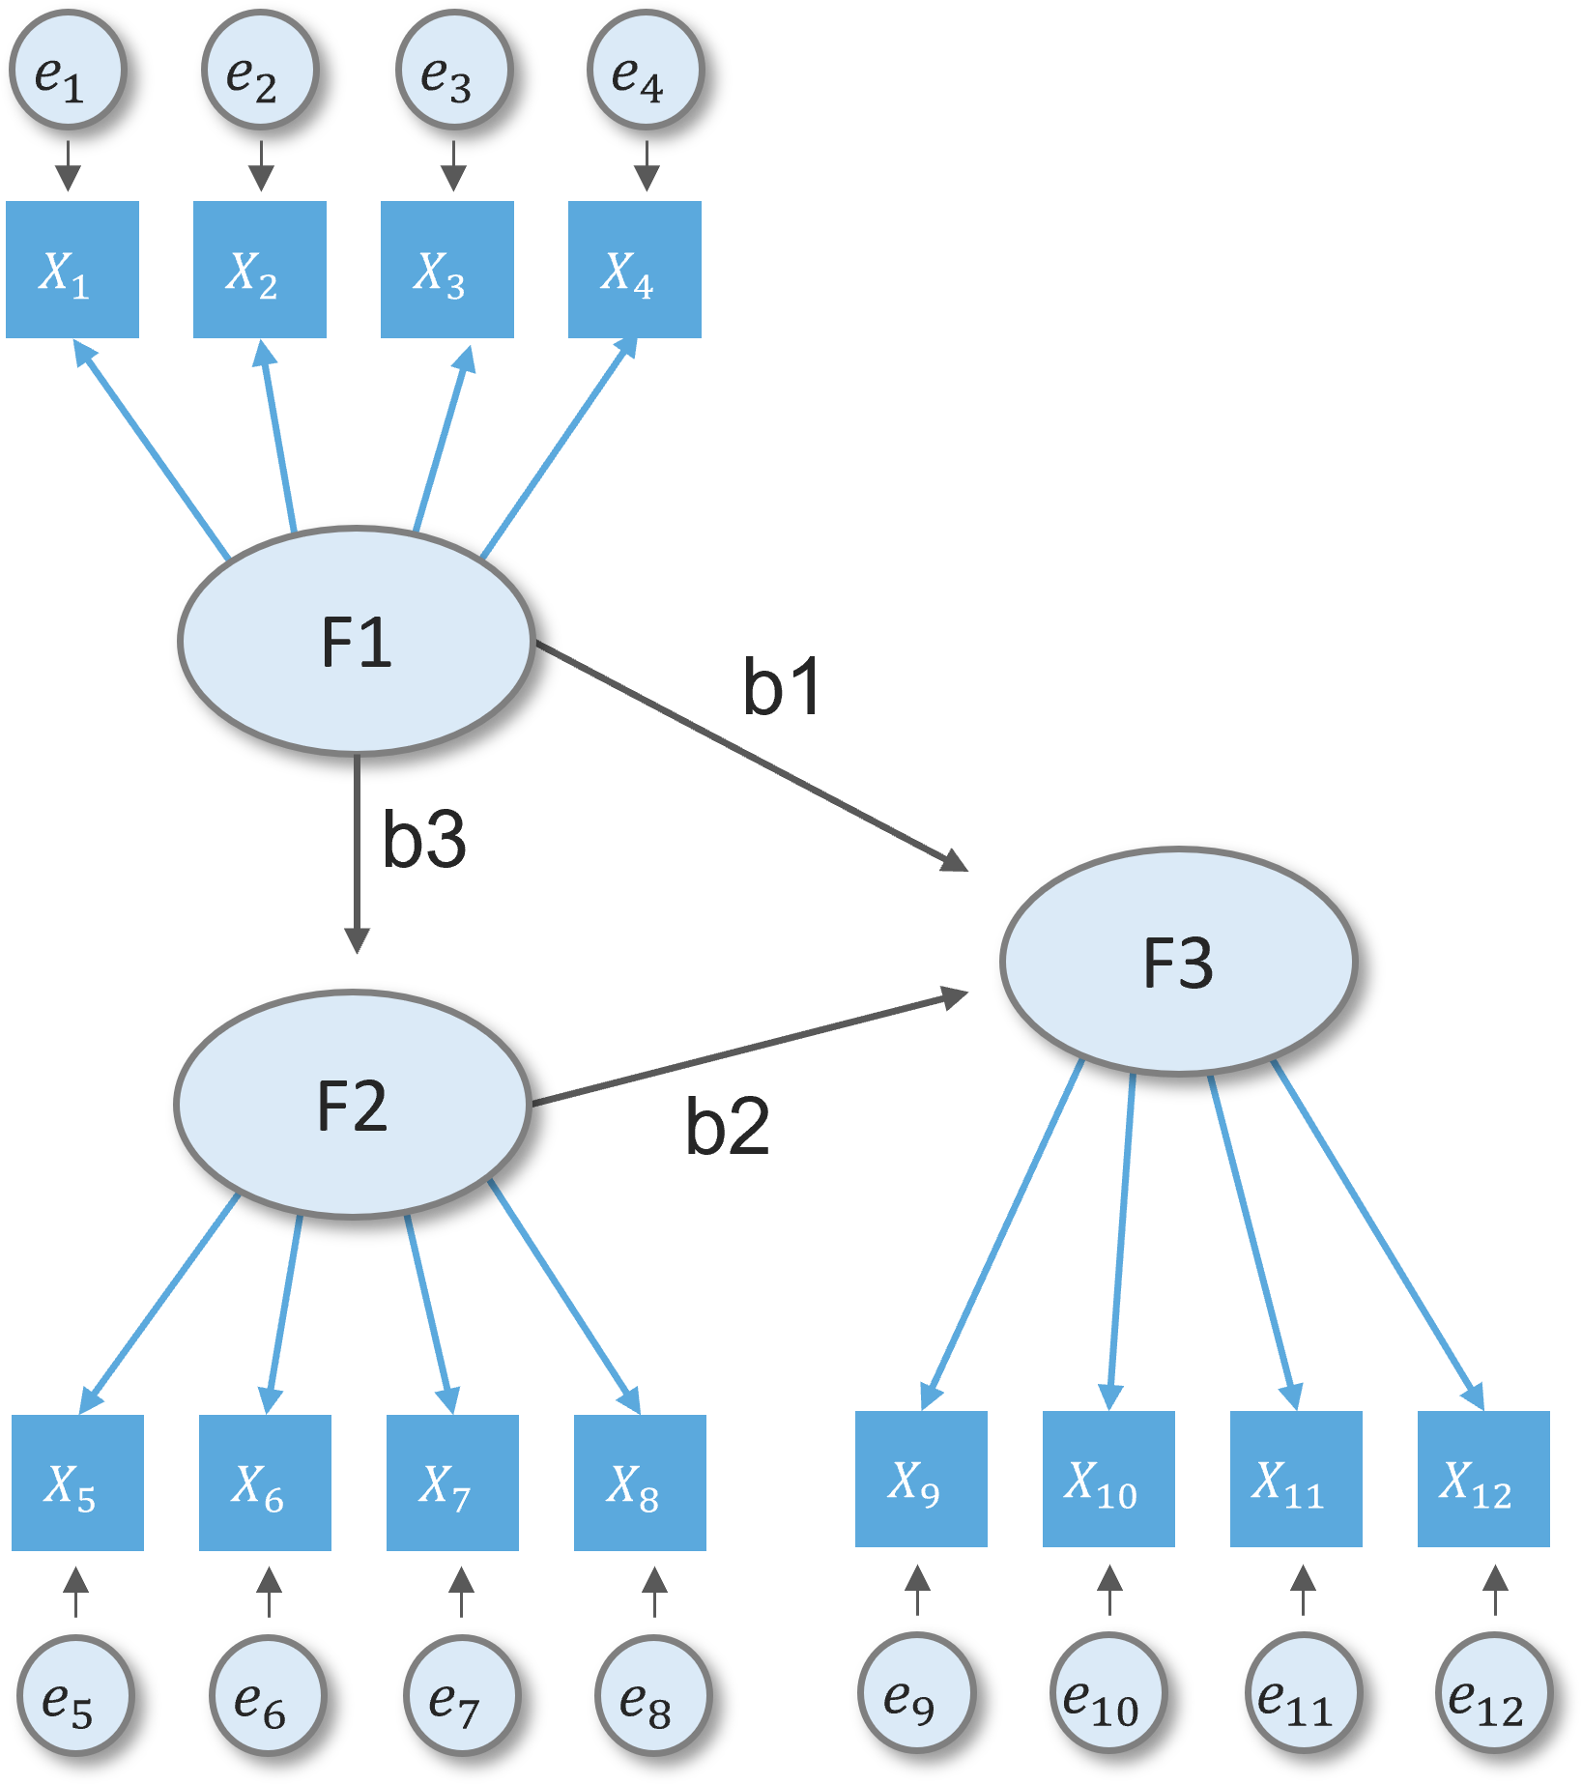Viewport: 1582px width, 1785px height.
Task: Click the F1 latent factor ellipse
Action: pyautogui.click(x=357, y=641)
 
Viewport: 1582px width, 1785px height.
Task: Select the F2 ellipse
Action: pyautogui.click(x=353, y=1105)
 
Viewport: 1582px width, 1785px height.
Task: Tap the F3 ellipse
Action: pyautogui.click(x=1179, y=962)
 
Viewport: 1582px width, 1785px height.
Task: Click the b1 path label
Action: pyautogui.click(x=782, y=687)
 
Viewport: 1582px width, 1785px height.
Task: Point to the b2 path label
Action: pyautogui.click(x=727, y=1127)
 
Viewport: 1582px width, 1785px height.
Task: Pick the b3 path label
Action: pyautogui.click(x=424, y=839)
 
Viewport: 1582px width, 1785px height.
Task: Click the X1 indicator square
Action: pyautogui.click(x=72, y=270)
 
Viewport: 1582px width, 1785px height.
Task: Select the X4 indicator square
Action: pyautogui.click(x=635, y=270)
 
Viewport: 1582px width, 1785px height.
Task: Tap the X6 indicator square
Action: pyautogui.click(x=265, y=1483)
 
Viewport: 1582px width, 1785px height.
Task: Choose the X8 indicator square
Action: pyautogui.click(x=640, y=1483)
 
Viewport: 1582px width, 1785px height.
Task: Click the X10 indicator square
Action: pyautogui.click(x=1108, y=1479)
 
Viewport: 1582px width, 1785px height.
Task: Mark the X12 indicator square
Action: pyautogui.click(x=1483, y=1479)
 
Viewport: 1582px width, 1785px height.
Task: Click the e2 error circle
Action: pyautogui.click(x=260, y=71)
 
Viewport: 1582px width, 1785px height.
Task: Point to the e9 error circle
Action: pyautogui.click(x=916, y=1692)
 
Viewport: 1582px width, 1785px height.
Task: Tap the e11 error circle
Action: pyautogui.click(x=1303, y=1692)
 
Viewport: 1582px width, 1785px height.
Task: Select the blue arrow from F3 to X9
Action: pyautogui.click(x=1005, y=1237)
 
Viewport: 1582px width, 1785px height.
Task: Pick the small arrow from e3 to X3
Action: pyautogui.click(x=453, y=166)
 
